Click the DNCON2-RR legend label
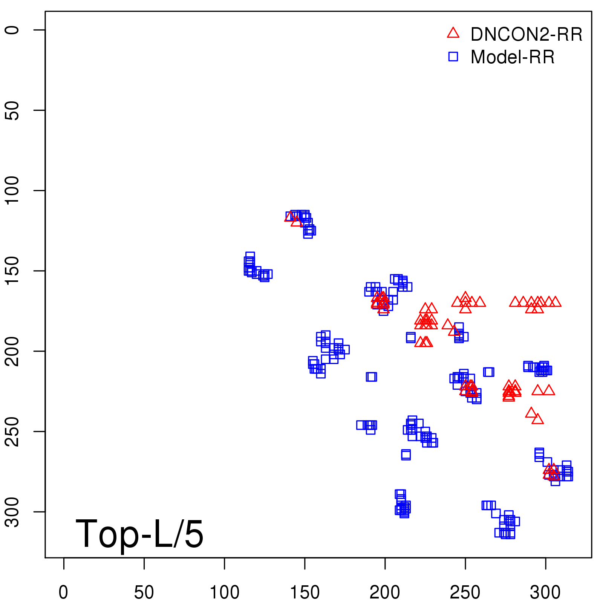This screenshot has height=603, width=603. pyautogui.click(x=526, y=35)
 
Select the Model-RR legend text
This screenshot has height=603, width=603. pyautogui.click(x=513, y=57)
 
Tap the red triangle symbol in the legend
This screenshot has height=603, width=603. pyautogui.click(x=453, y=33)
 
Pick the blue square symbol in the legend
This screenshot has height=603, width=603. pyautogui.click(x=453, y=57)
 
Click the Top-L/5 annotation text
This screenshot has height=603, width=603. pyautogui.click(x=139, y=534)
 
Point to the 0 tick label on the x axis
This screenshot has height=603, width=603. pyautogui.click(x=63, y=592)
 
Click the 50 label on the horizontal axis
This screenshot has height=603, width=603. pyautogui.click(x=144, y=592)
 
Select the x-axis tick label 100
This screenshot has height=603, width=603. pyautogui.click(x=224, y=592)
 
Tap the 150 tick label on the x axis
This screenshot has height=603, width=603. pyautogui.click(x=305, y=592)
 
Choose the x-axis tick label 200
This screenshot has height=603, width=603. pyautogui.click(x=385, y=592)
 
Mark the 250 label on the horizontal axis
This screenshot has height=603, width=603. pyautogui.click(x=465, y=592)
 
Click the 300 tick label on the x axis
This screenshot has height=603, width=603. pyautogui.click(x=545, y=592)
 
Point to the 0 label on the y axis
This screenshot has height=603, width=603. pyautogui.click(x=12, y=30)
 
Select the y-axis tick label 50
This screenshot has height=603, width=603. pyautogui.click(x=12, y=110)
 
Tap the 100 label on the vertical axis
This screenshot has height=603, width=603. pyautogui.click(x=12, y=190)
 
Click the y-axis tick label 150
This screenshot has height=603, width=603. pyautogui.click(x=12, y=271)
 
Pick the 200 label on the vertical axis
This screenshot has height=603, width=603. pyautogui.click(x=12, y=351)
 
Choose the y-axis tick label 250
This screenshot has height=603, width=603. pyautogui.click(x=12, y=431)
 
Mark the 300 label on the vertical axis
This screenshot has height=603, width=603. pyautogui.click(x=12, y=511)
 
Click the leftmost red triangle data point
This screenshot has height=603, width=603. pyautogui.click(x=289, y=217)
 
